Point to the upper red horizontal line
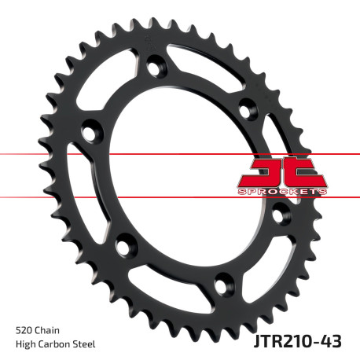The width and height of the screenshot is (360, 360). coord(47,154)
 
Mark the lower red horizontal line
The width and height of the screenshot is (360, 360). coord(47,197)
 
